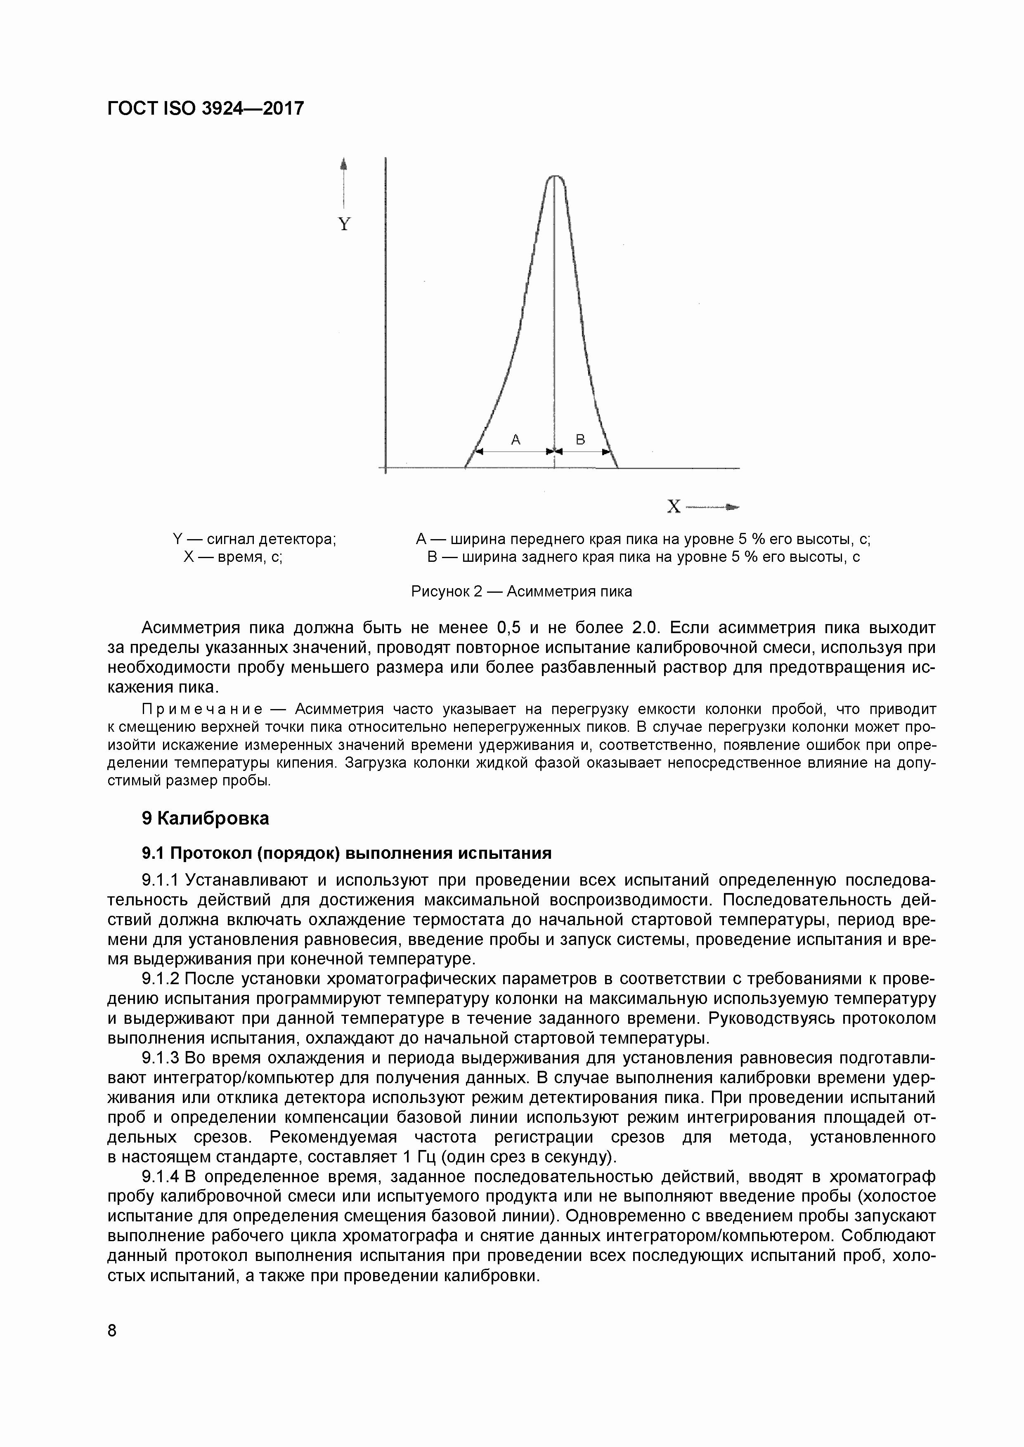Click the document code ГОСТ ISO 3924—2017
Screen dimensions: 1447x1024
point(206,109)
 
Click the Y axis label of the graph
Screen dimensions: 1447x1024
point(344,224)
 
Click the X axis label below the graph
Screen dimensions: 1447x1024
point(674,507)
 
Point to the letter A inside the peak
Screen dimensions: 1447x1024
point(516,440)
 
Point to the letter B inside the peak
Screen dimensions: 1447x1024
point(581,440)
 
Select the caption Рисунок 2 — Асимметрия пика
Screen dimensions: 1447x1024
point(521,591)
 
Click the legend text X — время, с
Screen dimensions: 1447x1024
point(233,557)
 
